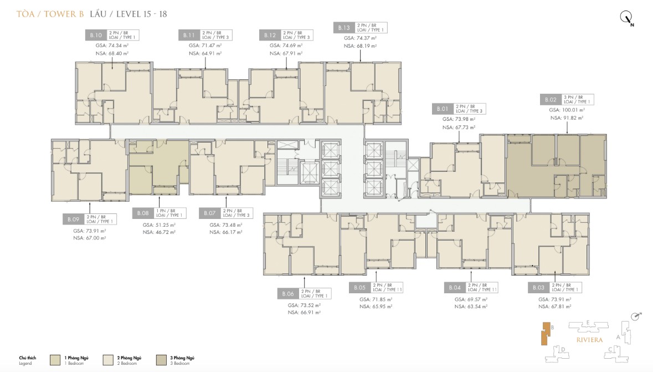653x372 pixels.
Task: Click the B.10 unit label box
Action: tap(95, 34)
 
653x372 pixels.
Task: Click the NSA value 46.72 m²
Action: tap(159, 233)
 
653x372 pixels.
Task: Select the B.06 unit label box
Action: tap(287, 293)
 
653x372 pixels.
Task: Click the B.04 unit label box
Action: tap(453, 288)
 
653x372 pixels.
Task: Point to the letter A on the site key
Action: tap(618, 337)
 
